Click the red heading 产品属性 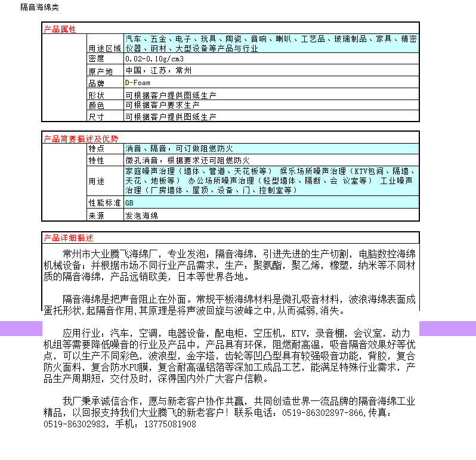pyautogui.click(x=60, y=29)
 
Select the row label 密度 pyautogui.click(x=97, y=59)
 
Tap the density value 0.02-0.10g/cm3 pyautogui.click(x=154, y=59)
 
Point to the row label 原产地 pyautogui.click(x=101, y=71)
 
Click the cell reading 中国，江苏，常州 pyautogui.click(x=159, y=71)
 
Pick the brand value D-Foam pyautogui.click(x=138, y=83)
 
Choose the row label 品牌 pyautogui.click(x=97, y=83)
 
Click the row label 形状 pyautogui.click(x=97, y=95)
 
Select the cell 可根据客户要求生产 pyautogui.click(x=162, y=105)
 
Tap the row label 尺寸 pyautogui.click(x=97, y=117)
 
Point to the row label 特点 pyautogui.click(x=97, y=148)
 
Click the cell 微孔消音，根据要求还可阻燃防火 pyautogui.click(x=187, y=160)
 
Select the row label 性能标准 pyautogui.click(x=104, y=203)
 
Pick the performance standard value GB pyautogui.click(x=129, y=203)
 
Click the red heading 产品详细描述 pyautogui.click(x=68, y=238)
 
